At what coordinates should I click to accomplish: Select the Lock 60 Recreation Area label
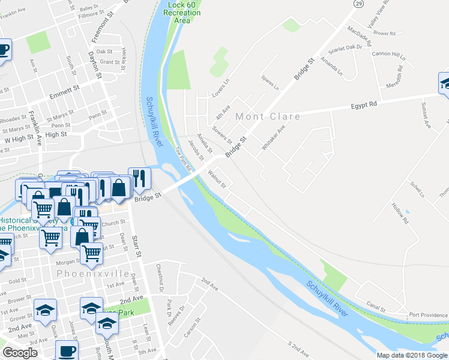tap(179, 13)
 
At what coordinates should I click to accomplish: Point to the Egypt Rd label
tap(364, 105)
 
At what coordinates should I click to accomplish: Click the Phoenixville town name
tap(93, 274)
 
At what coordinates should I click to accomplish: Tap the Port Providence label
tap(429, 315)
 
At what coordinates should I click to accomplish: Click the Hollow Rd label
tap(400, 212)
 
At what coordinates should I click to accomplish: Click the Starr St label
tap(137, 247)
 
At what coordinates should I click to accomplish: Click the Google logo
tap(20, 353)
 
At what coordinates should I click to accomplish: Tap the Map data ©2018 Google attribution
tap(411, 355)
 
